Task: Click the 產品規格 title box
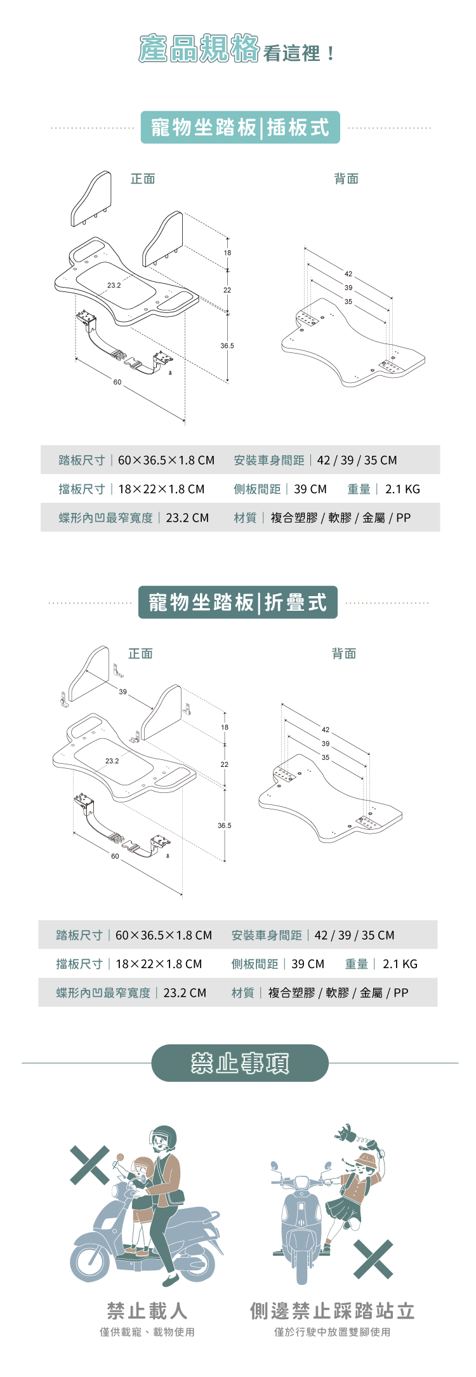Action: click(x=199, y=50)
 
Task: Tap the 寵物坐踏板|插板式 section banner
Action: click(x=240, y=128)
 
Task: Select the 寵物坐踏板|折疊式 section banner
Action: click(x=237, y=602)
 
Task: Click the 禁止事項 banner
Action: click(x=240, y=1063)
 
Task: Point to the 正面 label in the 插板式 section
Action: click(x=143, y=179)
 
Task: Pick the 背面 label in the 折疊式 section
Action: click(x=344, y=654)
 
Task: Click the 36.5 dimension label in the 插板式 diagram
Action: click(x=227, y=346)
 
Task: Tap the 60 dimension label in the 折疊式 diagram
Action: click(x=115, y=856)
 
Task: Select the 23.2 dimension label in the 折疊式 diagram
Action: click(x=112, y=761)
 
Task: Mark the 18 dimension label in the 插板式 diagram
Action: click(x=227, y=253)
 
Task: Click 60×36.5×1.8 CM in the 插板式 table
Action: click(x=166, y=460)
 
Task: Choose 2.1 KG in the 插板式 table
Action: click(x=402, y=489)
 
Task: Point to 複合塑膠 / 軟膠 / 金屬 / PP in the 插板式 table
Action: click(x=340, y=518)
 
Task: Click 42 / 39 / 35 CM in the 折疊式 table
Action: click(x=354, y=935)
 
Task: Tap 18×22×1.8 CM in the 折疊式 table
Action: click(x=159, y=964)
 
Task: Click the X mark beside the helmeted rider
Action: click(x=89, y=1165)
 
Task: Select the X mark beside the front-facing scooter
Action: click(x=373, y=1258)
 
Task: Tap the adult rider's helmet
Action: click(x=164, y=1138)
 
